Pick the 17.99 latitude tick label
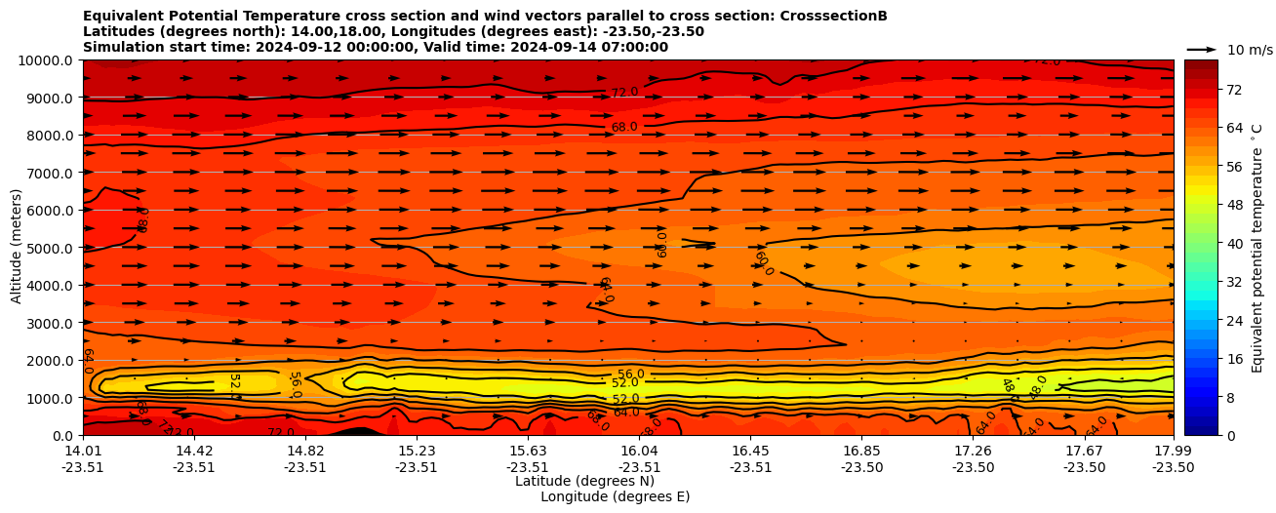[x=1173, y=451]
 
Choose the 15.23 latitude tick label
[x=417, y=451]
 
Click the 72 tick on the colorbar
[x=1206, y=90]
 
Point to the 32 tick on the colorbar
[x=1206, y=281]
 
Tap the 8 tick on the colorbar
[x=1202, y=398]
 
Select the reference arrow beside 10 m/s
[x=1201, y=49]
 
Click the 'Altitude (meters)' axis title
[x=17, y=248]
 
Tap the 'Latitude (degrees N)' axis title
[x=584, y=481]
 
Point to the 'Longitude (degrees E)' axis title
[x=615, y=496]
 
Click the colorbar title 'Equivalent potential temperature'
[x=1257, y=248]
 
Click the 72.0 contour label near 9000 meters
[x=624, y=93]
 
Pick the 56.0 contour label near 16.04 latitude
[x=631, y=375]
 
